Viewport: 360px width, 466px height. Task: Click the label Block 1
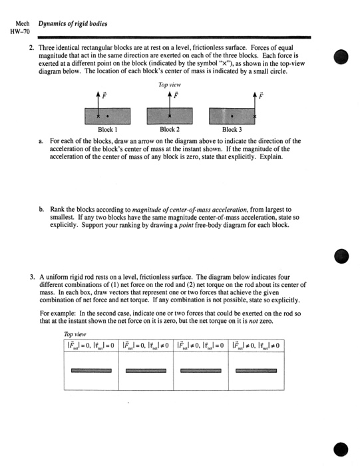106,130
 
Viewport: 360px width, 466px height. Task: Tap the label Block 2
169,130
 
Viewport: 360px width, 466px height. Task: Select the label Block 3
232,130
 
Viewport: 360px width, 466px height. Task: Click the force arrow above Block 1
98,103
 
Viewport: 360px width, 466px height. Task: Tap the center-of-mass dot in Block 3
232,116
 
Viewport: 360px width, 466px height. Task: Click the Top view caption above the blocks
170,85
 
